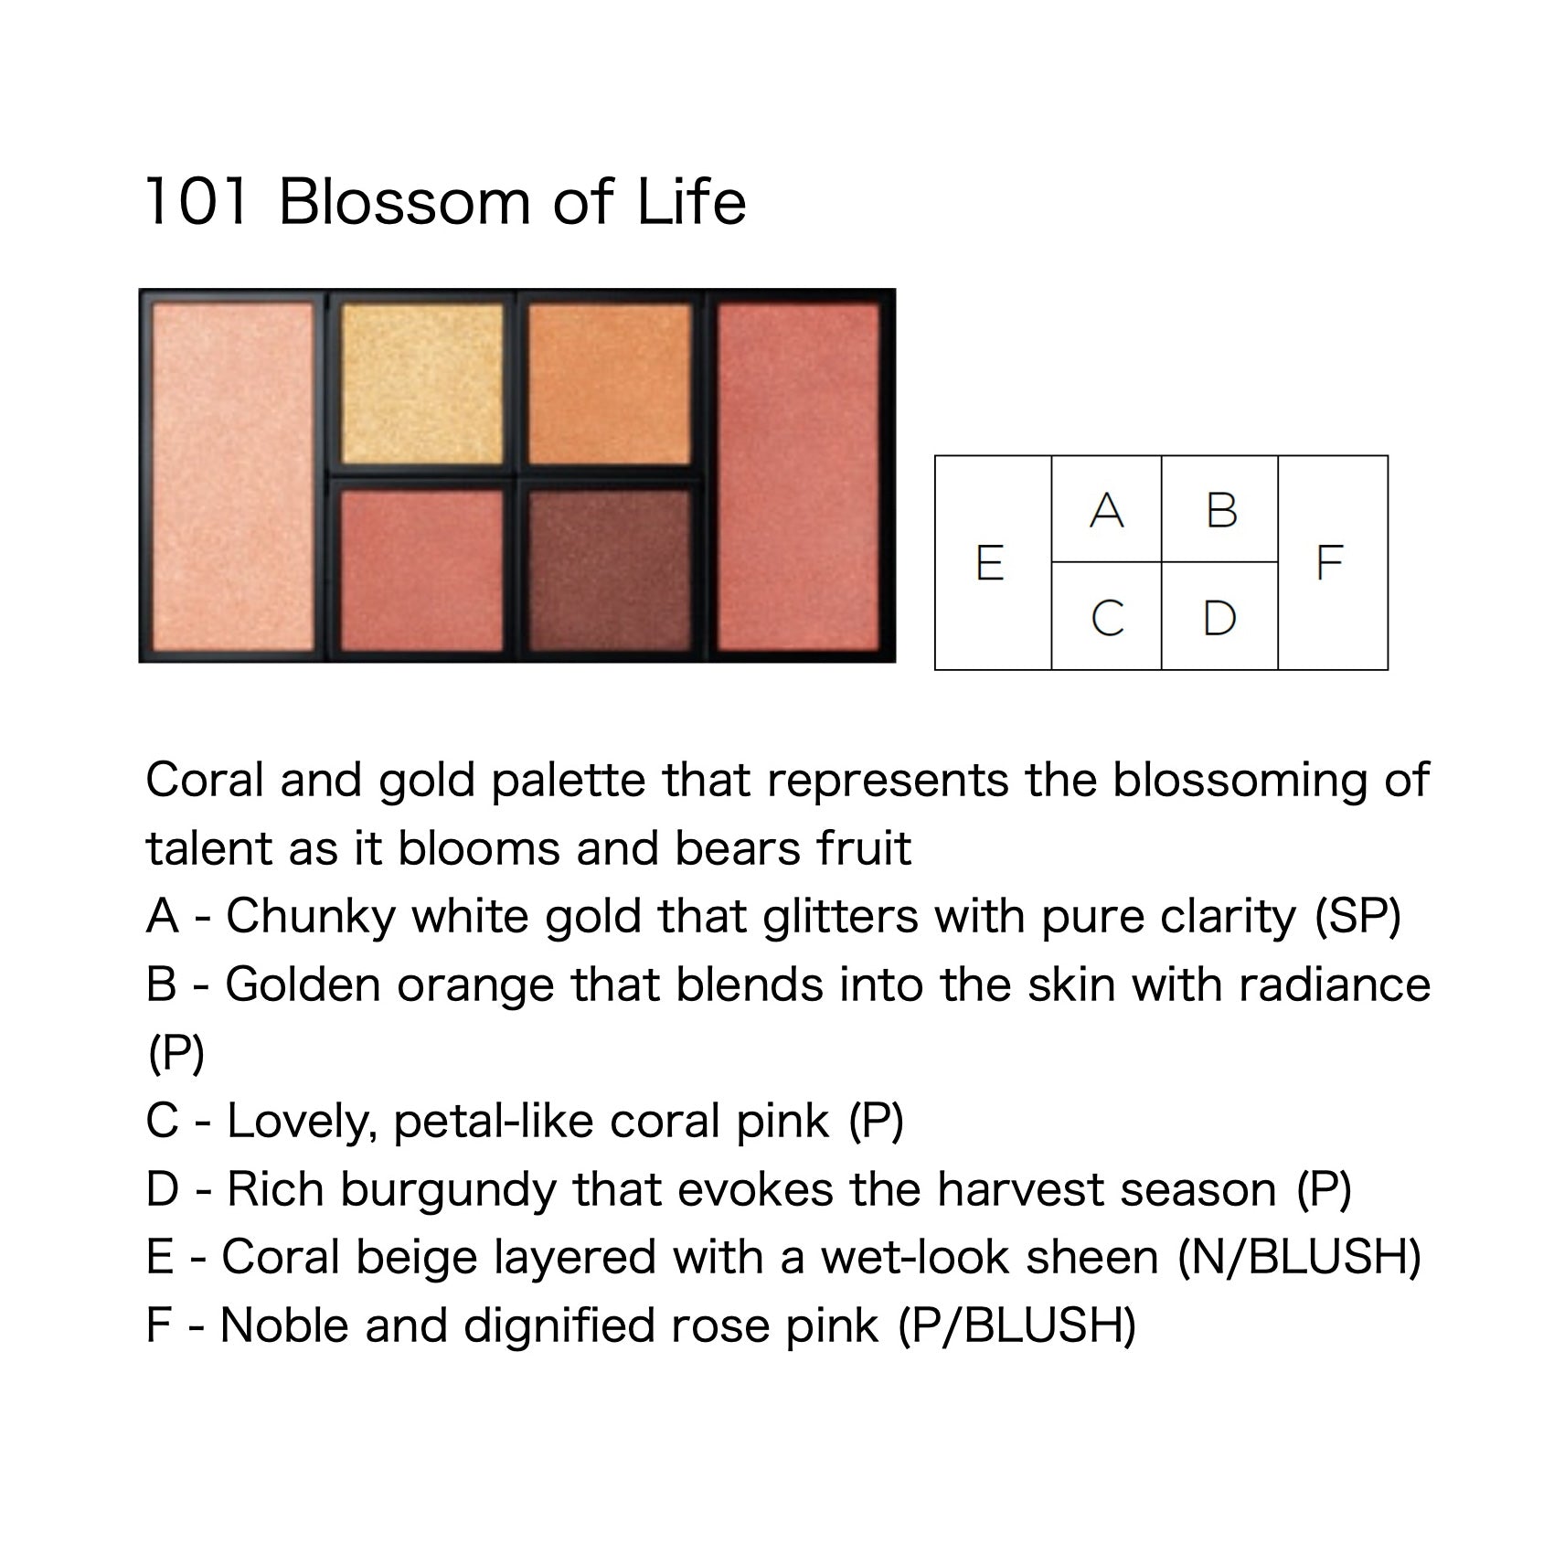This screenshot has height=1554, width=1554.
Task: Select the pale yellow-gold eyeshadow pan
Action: click(421, 384)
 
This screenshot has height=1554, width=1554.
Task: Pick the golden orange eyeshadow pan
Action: click(610, 384)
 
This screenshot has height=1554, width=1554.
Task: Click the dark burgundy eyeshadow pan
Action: click(610, 570)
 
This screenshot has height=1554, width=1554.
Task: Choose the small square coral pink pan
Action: click(421, 570)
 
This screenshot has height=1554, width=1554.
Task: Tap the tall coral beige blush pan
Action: click(233, 477)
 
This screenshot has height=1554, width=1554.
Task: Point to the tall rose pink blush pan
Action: click(798, 477)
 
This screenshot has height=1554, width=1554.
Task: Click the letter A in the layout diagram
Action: click(1106, 510)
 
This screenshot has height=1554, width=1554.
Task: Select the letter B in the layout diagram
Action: click(1221, 510)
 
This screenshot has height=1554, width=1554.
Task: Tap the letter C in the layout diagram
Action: click(1107, 618)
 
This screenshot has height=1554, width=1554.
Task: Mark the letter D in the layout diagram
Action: click(1219, 618)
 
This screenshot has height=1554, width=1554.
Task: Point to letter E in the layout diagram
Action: click(990, 562)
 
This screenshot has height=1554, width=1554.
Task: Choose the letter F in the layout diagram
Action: click(1328, 562)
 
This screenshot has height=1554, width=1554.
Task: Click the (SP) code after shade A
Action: click(1357, 917)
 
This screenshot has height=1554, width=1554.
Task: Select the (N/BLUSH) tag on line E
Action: click(1299, 1258)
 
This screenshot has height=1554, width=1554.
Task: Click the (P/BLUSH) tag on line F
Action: click(1016, 1326)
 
